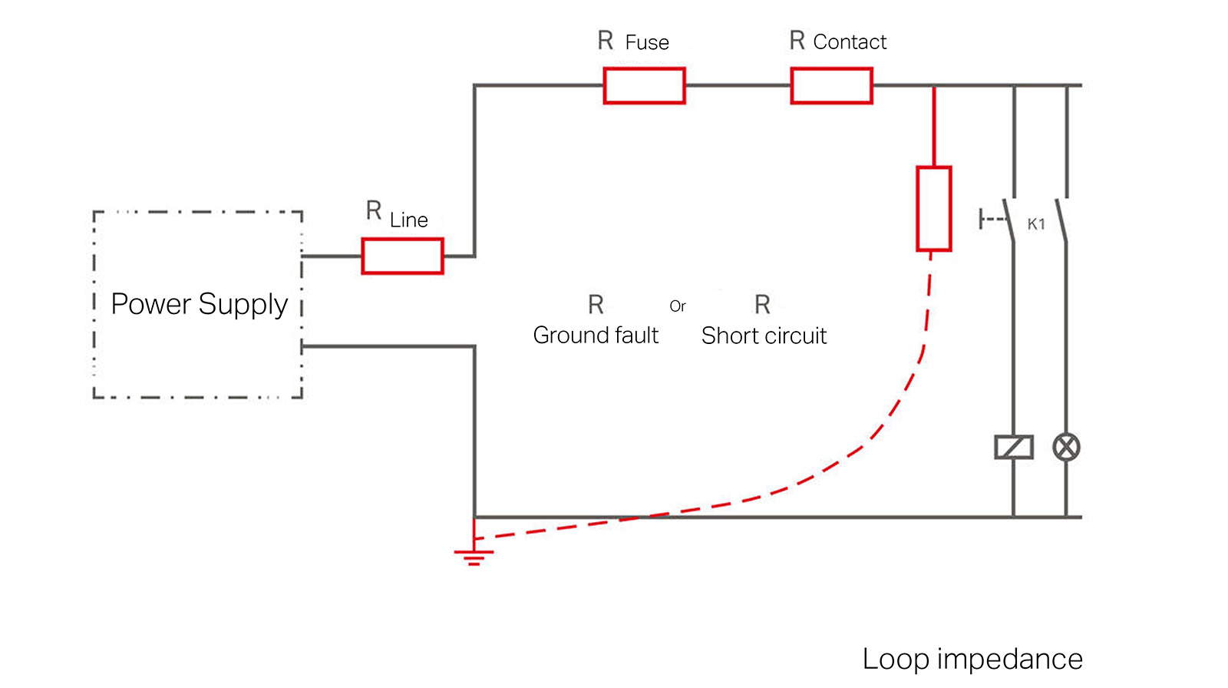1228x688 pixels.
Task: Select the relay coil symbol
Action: point(1014,447)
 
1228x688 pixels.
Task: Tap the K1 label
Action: point(1035,224)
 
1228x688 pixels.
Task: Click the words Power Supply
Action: point(199,305)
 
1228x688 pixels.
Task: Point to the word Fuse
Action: point(647,42)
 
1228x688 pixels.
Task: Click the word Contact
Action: point(850,41)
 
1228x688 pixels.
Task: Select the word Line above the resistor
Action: point(408,220)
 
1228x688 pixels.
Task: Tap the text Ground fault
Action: point(596,336)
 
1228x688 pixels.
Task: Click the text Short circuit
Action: point(764,336)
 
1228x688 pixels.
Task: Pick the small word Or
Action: point(678,306)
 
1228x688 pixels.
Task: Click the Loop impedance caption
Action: point(972,660)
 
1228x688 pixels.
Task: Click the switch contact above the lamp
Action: point(1062,220)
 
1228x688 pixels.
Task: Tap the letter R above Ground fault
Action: point(596,304)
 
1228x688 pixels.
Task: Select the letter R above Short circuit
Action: point(763,304)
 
